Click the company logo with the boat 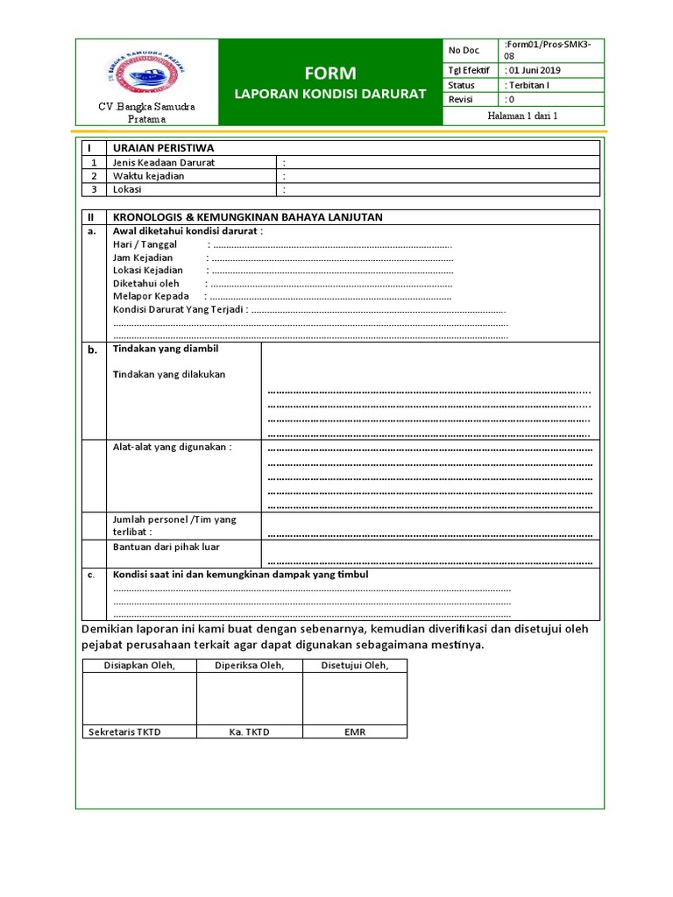point(145,74)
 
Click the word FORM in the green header point(329,73)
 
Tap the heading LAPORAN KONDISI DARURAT point(329,94)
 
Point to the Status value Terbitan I point(528,85)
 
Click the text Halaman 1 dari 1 point(523,116)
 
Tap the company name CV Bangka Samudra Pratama point(145,112)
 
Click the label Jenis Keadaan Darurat point(163,163)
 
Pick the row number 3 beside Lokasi point(93,189)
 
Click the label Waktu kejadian point(148,176)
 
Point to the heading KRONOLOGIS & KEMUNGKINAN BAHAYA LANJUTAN point(247,217)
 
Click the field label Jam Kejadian point(143,258)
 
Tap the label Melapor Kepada point(151,296)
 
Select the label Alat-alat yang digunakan point(172,448)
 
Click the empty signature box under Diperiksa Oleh point(249,698)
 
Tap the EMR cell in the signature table point(354,731)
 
